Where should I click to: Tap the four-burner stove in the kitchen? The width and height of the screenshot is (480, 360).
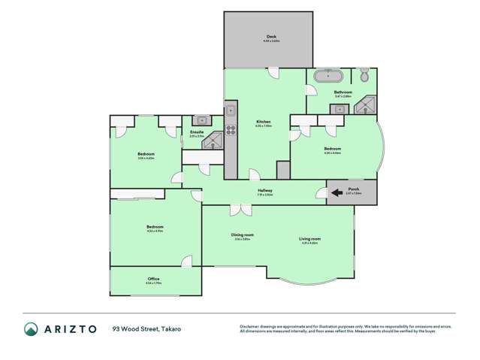(x=231, y=129)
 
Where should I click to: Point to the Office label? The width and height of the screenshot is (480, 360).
(x=153, y=279)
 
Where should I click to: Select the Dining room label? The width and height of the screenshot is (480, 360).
(x=242, y=234)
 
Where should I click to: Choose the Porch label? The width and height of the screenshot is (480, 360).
(x=354, y=189)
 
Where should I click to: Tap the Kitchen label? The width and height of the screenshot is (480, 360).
(x=263, y=122)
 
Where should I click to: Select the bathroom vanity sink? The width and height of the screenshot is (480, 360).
(x=340, y=109)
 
